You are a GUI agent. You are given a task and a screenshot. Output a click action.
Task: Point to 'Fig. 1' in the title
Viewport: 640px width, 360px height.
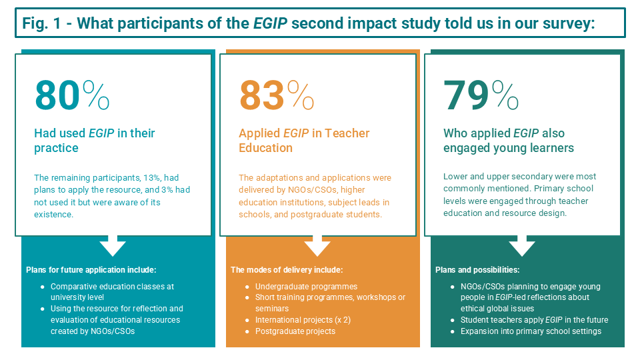click(x=44, y=23)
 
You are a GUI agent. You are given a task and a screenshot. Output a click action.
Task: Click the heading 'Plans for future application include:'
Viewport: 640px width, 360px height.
click(x=91, y=270)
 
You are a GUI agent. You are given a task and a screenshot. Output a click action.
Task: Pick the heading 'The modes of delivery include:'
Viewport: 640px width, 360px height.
click(x=287, y=270)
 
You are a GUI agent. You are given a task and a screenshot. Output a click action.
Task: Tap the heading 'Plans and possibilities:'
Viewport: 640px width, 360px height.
click(x=477, y=270)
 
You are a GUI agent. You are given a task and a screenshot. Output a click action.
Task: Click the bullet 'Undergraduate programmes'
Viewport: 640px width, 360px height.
click(x=297, y=287)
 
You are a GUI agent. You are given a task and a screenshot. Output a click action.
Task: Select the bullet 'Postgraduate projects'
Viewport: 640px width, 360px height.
click(x=295, y=331)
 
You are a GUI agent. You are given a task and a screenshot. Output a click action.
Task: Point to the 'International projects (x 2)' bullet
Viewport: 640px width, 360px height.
click(x=303, y=320)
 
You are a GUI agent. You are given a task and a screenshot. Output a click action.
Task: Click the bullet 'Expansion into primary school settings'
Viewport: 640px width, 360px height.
click(x=531, y=331)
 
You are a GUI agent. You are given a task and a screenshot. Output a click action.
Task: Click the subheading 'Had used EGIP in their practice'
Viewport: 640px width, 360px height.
click(x=94, y=141)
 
